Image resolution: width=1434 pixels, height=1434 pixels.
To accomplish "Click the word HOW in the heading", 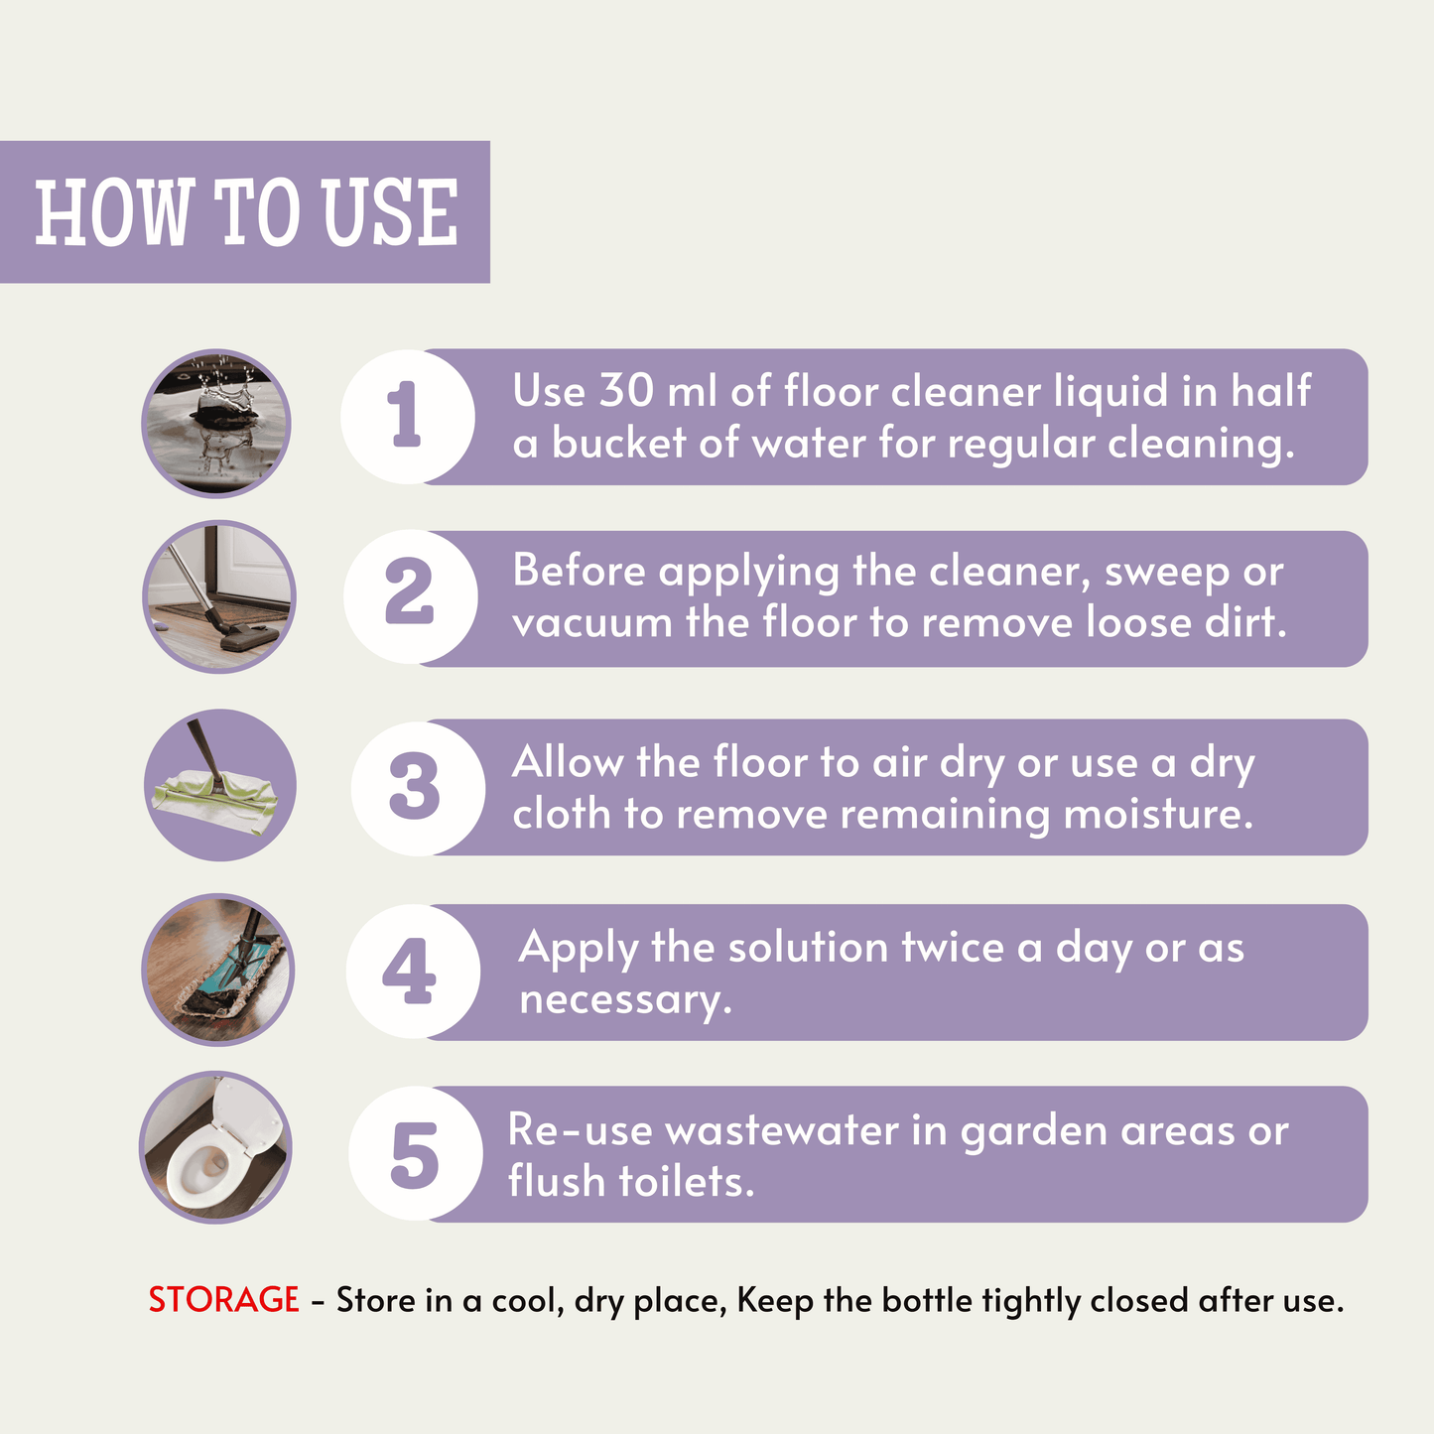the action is pyautogui.click(x=112, y=212).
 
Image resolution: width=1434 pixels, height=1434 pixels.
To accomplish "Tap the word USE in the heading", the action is pyautogui.click(x=390, y=212).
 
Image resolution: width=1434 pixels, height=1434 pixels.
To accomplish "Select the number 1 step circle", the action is pyautogui.click(x=408, y=417).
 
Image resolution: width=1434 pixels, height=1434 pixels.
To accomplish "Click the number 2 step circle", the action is pyautogui.click(x=410, y=596).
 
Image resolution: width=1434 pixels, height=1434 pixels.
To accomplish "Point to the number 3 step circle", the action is pyautogui.click(x=418, y=788).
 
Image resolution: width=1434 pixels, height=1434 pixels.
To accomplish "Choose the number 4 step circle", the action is pyautogui.click(x=413, y=972).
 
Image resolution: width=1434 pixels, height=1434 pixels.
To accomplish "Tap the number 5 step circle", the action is pyautogui.click(x=415, y=1153).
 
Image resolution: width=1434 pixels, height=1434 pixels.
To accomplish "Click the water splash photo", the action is pyautogui.click(x=215, y=424).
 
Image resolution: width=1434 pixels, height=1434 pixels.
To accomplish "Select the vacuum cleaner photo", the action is pyautogui.click(x=218, y=596).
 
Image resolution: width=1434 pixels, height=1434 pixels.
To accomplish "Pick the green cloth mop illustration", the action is pyautogui.click(x=219, y=785).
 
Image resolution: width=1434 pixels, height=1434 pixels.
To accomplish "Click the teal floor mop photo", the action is pyautogui.click(x=218, y=970).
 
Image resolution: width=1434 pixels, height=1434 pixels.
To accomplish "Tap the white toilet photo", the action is pyautogui.click(x=215, y=1147).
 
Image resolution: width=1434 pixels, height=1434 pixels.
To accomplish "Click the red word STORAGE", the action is pyautogui.click(x=224, y=1300).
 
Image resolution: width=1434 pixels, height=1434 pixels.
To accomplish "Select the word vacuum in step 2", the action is pyautogui.click(x=591, y=623).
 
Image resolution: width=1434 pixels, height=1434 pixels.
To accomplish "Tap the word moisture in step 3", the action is pyautogui.click(x=1158, y=814).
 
